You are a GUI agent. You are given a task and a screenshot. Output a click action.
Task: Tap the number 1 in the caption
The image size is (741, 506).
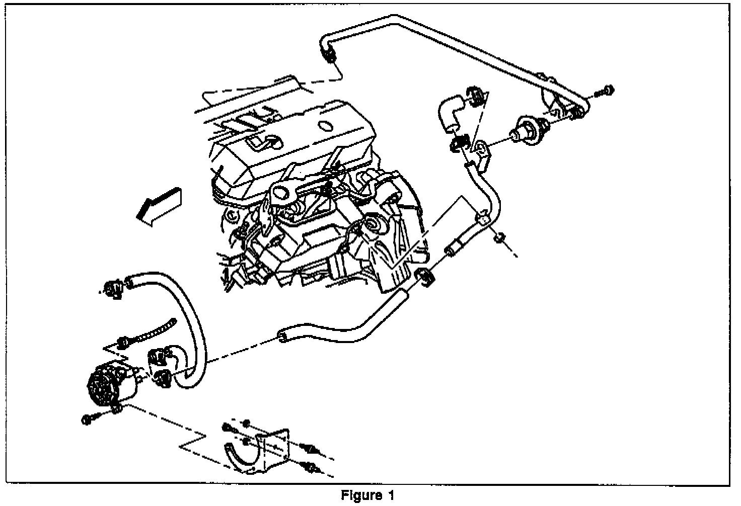[x=391, y=495]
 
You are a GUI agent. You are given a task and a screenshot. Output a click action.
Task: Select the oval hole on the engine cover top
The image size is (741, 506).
[x=325, y=125]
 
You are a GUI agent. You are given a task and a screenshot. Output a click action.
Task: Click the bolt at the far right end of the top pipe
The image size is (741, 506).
[x=606, y=91]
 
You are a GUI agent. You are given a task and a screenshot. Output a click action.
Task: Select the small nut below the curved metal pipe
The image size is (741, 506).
[x=500, y=238]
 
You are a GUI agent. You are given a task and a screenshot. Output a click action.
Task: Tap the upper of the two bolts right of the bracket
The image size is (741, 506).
[x=307, y=447]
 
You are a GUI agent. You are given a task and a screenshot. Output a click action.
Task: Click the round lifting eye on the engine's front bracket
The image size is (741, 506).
[x=280, y=192]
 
